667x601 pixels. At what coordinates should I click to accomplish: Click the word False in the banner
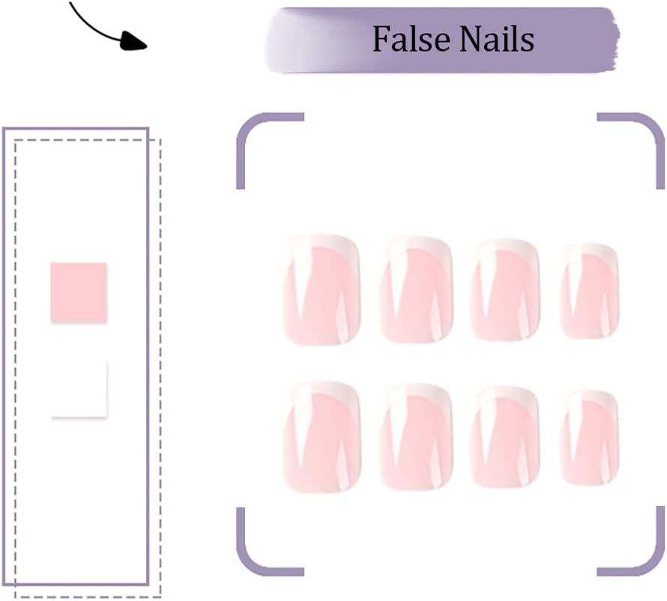click(x=411, y=39)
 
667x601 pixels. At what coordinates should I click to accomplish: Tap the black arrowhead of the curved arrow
click(x=133, y=42)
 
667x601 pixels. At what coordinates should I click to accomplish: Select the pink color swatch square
click(x=79, y=292)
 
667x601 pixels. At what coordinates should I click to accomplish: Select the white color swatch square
click(x=79, y=390)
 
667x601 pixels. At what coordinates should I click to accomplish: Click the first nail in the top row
click(x=322, y=289)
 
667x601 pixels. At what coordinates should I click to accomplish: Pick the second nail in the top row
click(x=416, y=290)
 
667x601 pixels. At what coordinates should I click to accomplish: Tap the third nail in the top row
click(x=505, y=290)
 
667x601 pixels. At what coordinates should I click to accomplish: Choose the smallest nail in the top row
click(x=590, y=291)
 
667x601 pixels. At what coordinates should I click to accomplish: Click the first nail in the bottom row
click(x=322, y=437)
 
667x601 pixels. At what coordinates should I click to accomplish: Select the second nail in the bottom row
click(x=416, y=438)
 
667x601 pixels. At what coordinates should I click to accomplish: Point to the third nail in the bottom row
click(x=505, y=438)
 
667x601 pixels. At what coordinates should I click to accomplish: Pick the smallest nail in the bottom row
click(x=590, y=438)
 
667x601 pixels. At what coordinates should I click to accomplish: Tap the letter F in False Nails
click(x=382, y=39)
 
